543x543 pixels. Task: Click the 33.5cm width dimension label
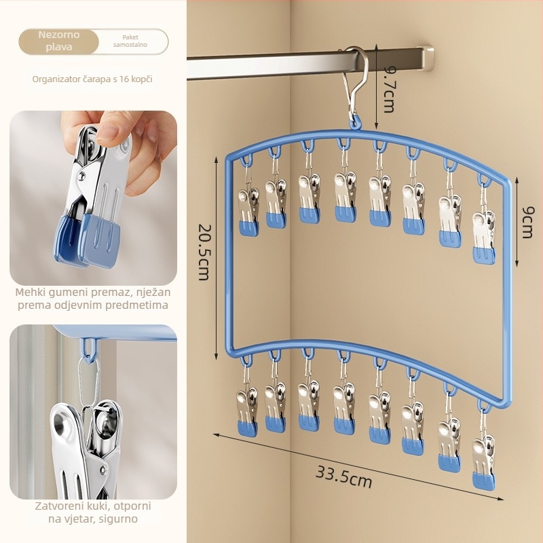(343, 477)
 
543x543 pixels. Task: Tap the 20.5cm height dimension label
(204, 252)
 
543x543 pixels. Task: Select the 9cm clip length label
(527, 222)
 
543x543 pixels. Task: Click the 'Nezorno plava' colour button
(59, 41)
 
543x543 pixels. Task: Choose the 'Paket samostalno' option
(130, 41)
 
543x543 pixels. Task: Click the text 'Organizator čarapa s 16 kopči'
(92, 79)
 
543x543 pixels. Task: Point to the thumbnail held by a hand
(93, 198)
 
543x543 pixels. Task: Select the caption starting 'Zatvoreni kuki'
(93, 512)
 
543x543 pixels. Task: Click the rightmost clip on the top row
(484, 236)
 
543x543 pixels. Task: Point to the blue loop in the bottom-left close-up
(90, 348)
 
